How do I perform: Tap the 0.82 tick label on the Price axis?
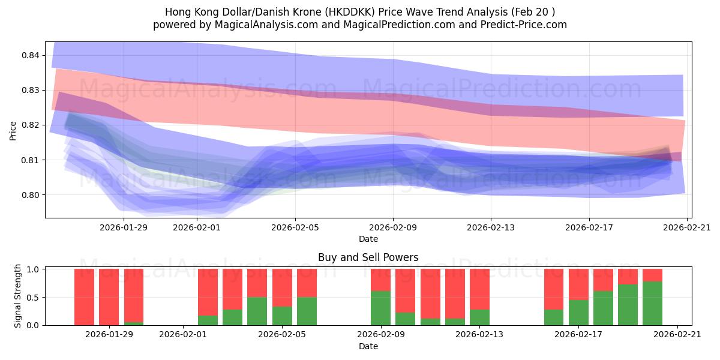pos(31,125)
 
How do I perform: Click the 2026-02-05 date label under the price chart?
pos(295,227)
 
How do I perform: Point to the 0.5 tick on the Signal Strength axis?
pos(34,297)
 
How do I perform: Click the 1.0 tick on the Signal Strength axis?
pos(34,269)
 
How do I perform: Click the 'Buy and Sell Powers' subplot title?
pos(368,257)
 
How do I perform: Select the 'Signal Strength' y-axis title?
pos(18,296)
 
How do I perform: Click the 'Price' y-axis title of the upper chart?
pos(13,130)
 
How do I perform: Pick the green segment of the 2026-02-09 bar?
pos(380,308)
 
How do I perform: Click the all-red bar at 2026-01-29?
pos(109,297)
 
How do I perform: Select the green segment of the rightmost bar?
pos(652,304)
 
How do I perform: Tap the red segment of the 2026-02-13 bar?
pos(479,289)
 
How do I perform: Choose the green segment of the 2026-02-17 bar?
pos(578,312)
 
